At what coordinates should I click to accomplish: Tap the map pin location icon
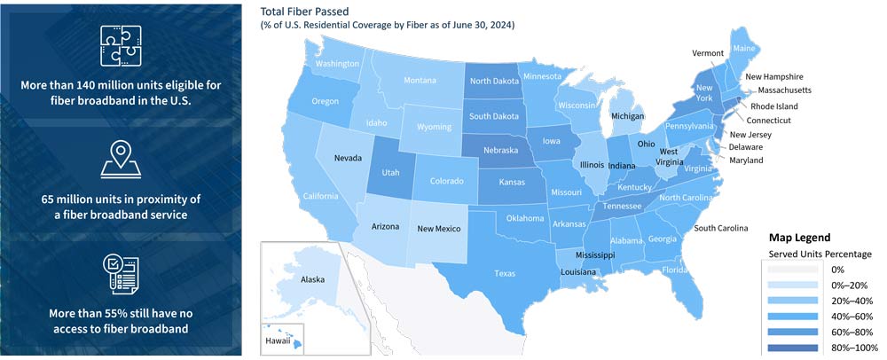tap(121, 159)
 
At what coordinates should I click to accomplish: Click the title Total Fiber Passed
tap(304, 12)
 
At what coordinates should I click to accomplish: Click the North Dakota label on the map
tap(494, 82)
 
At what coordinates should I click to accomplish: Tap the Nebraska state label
tap(500, 151)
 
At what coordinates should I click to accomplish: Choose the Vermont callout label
tap(708, 53)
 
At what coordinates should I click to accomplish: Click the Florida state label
tap(674, 270)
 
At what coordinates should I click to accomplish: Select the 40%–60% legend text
tap(852, 316)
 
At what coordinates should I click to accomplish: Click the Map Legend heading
tap(800, 238)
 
